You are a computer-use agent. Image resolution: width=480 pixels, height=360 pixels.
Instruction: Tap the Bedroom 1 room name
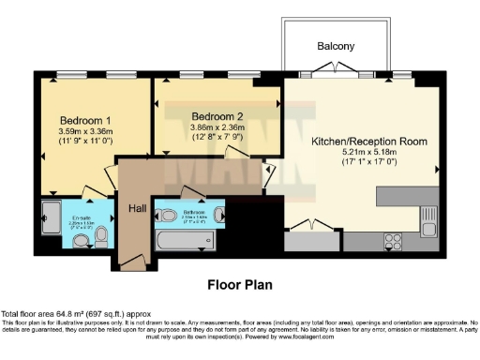[x=85, y=121]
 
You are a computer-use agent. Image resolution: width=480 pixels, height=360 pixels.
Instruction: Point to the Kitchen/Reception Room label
[x=368, y=141]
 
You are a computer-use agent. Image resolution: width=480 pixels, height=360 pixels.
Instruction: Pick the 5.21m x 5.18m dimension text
[x=368, y=152]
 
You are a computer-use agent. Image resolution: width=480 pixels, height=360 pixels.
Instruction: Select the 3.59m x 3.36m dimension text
[x=85, y=132]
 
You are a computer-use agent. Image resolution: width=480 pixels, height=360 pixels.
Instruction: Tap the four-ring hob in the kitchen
[x=394, y=241]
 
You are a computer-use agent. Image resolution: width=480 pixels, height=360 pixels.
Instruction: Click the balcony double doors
[x=336, y=75]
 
